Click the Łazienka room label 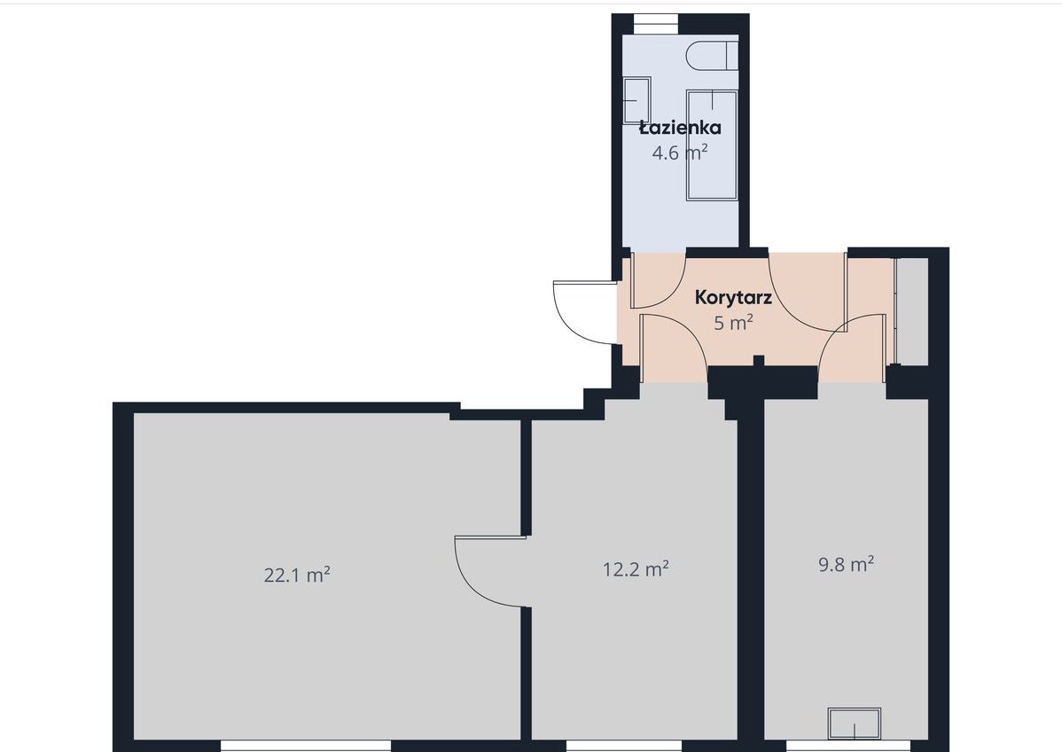tap(680, 128)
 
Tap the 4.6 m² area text tap(679, 153)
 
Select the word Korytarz tap(733, 297)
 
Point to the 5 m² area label tap(733, 323)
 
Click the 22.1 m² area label tap(297, 576)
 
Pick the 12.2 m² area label tap(636, 568)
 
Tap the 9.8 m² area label tap(846, 564)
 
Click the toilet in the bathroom tap(711, 55)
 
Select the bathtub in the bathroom tap(712, 145)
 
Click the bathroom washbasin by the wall tap(636, 99)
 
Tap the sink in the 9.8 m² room tap(854, 724)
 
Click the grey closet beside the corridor tap(911, 311)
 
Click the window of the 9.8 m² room tap(839, 746)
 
